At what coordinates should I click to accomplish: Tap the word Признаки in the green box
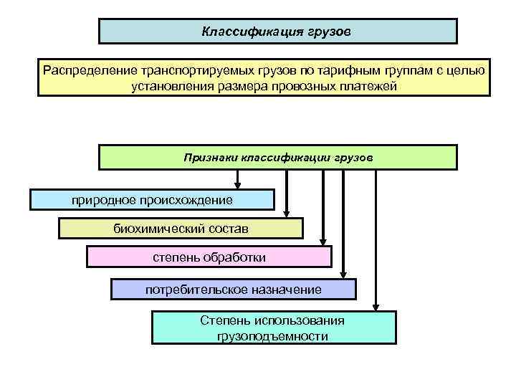coord(211,156)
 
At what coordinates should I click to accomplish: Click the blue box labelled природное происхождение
coord(152,199)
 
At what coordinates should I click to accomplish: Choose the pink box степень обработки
coord(209,257)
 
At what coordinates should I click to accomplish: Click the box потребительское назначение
coord(234,290)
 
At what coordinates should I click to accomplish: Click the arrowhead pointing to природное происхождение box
coord(238,185)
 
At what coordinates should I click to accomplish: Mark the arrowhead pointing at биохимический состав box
coord(287,213)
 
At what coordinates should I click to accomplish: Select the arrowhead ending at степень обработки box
coord(323,242)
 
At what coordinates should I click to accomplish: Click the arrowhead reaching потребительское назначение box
coord(343,274)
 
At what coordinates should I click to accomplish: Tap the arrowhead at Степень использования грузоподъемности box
coord(374,306)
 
